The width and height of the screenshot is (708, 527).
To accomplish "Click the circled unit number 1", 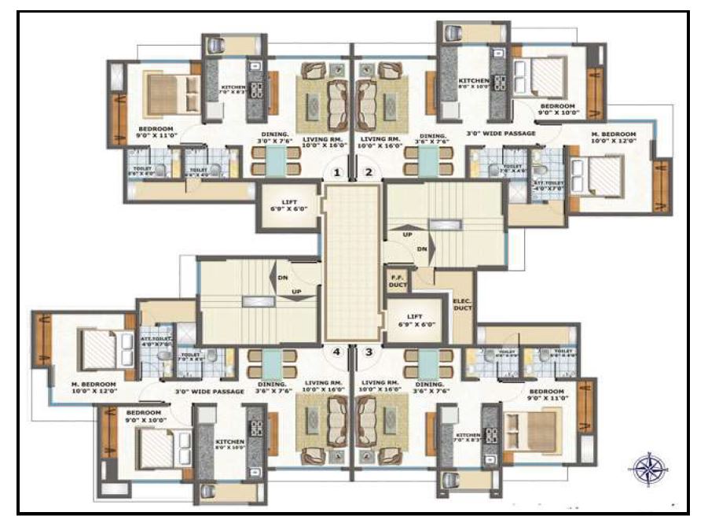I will tap(337, 171).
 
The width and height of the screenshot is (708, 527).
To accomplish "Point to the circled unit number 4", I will tap(337, 352).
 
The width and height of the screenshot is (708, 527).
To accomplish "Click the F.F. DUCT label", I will tap(398, 281).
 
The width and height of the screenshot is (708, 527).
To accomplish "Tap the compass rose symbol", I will tap(648, 470).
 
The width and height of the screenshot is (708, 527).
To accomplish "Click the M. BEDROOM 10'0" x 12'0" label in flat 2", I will tap(614, 139).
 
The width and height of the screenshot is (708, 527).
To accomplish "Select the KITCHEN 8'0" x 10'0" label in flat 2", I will tap(475, 83).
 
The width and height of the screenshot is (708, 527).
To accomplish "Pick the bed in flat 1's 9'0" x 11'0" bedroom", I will tap(169, 95).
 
